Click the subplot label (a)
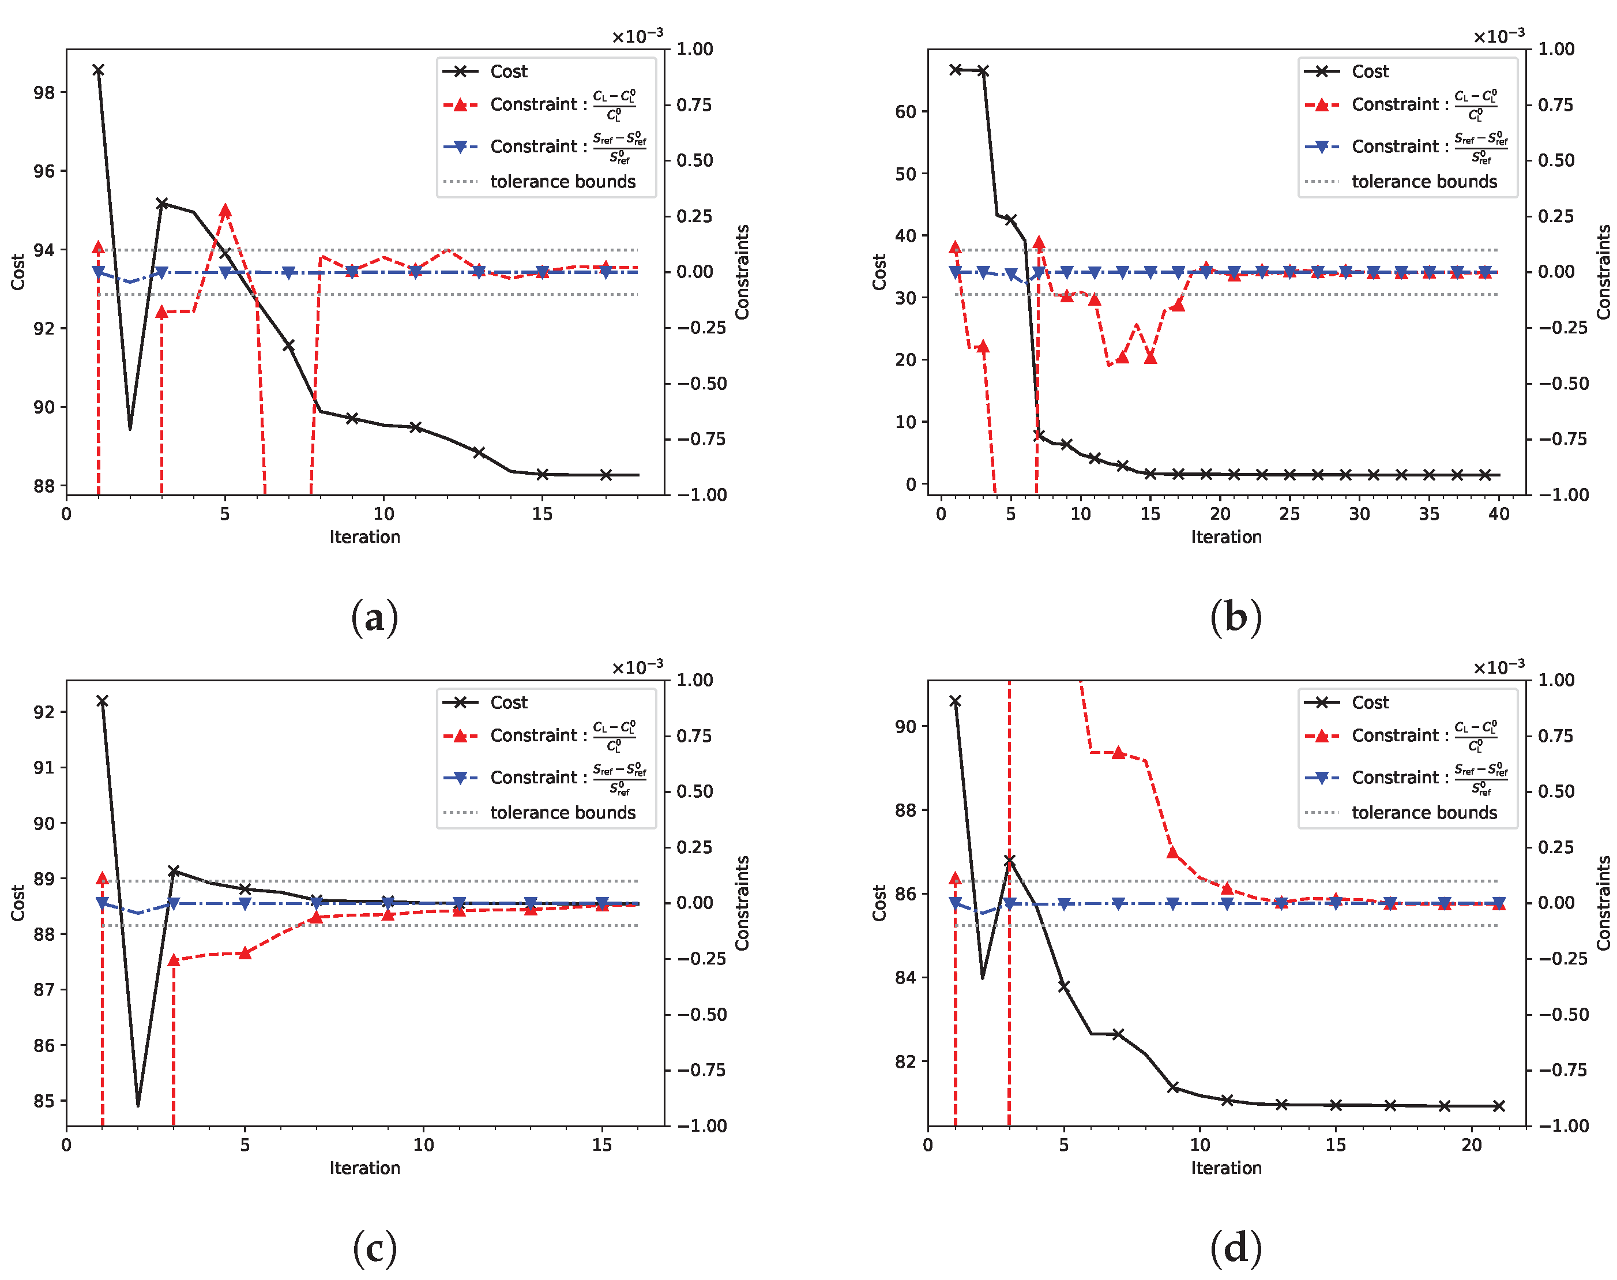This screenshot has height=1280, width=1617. tap(374, 618)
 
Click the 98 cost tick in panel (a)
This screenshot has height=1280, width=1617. tap(44, 92)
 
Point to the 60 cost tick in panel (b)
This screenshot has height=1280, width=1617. tap(905, 112)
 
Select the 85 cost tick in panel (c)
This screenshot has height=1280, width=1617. tap(44, 1101)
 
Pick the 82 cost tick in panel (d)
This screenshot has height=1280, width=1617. tap(905, 1061)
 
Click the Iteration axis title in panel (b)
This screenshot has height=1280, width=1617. tap(1226, 536)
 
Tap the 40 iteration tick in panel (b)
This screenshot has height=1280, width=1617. tap(1499, 514)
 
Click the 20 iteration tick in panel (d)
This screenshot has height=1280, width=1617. tap(1472, 1145)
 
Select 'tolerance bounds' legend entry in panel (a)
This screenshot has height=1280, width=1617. tap(562, 181)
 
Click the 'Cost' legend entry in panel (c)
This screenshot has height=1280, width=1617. tap(509, 702)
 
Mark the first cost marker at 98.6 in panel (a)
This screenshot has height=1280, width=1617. tap(98, 70)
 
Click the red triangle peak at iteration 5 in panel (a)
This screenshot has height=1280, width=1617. tap(225, 211)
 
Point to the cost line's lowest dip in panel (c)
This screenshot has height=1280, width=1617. tap(138, 1105)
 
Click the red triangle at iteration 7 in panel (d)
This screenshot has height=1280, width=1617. tap(1119, 752)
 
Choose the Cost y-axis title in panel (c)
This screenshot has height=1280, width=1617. tap(17, 903)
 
